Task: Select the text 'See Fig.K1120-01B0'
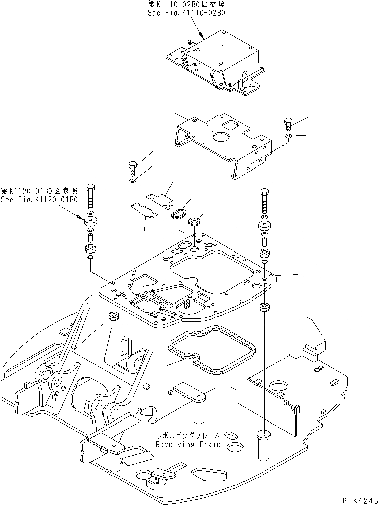click(x=39, y=199)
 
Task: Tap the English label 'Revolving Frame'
click(x=187, y=444)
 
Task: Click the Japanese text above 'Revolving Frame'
click(x=187, y=436)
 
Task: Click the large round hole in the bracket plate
click(x=221, y=137)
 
